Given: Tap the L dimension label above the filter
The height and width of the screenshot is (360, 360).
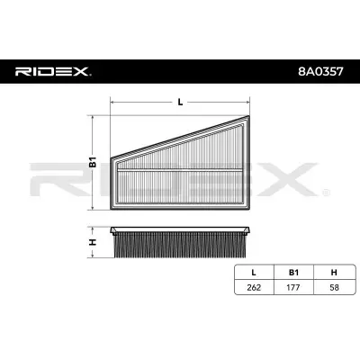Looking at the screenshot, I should pos(180,101).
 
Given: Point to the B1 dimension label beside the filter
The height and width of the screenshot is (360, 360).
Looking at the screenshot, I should pos(92,164).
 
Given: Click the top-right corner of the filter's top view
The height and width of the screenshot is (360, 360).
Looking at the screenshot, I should pos(249,117).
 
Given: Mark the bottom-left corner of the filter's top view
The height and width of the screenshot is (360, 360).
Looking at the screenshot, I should pos(110,210).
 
